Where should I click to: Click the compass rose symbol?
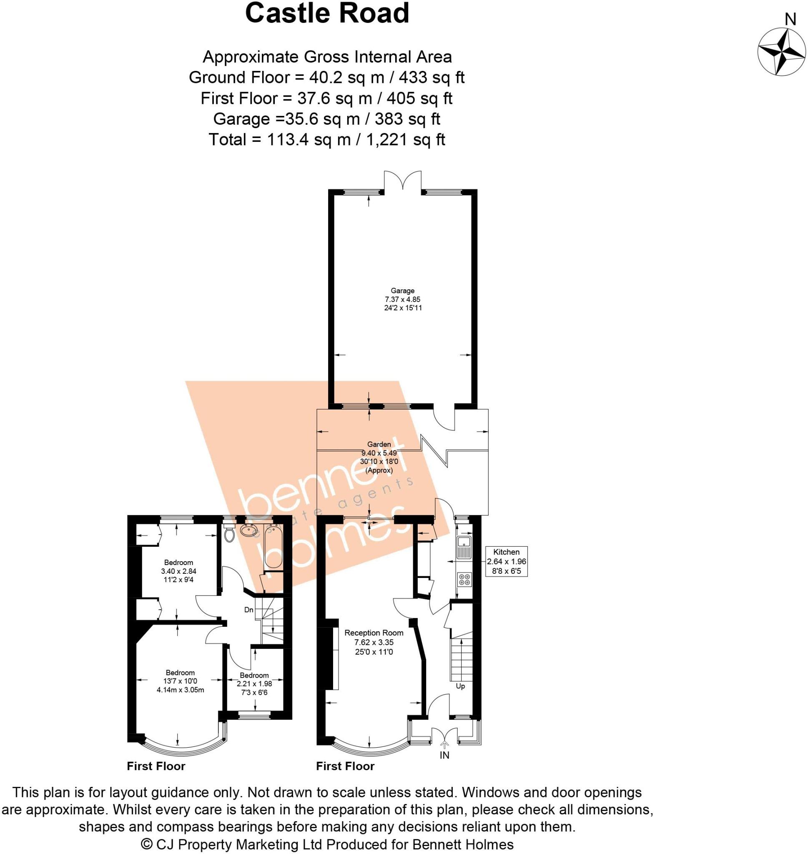tap(781, 52)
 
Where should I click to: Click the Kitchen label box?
tap(507, 561)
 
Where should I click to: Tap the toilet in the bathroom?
tap(230, 534)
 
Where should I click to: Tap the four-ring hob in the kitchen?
tap(465, 580)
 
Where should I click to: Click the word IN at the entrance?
tap(444, 755)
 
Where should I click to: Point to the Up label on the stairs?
tap(460, 686)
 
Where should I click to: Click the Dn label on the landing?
tap(249, 610)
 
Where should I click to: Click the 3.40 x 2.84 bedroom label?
tap(179, 571)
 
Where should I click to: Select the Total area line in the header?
tap(327, 140)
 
